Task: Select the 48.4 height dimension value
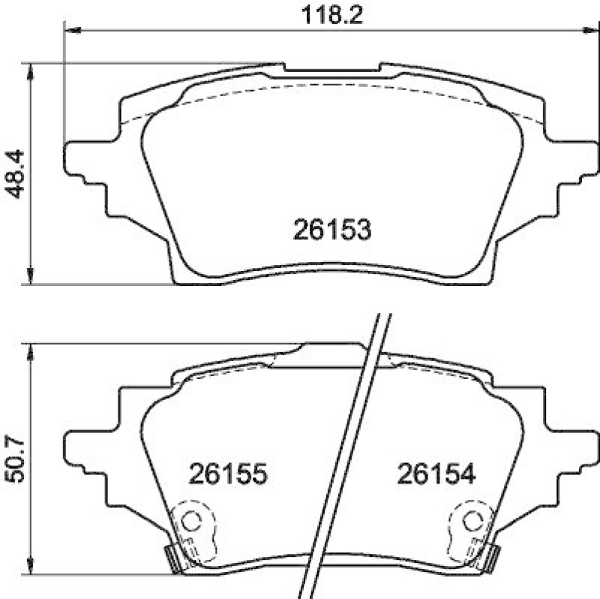16,173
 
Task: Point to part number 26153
331,230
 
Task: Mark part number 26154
435,474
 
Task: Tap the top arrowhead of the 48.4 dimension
31,71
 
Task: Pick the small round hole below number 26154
471,519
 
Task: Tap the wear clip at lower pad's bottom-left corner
171,557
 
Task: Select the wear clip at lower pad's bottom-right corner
492,557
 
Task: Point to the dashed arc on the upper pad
331,85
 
